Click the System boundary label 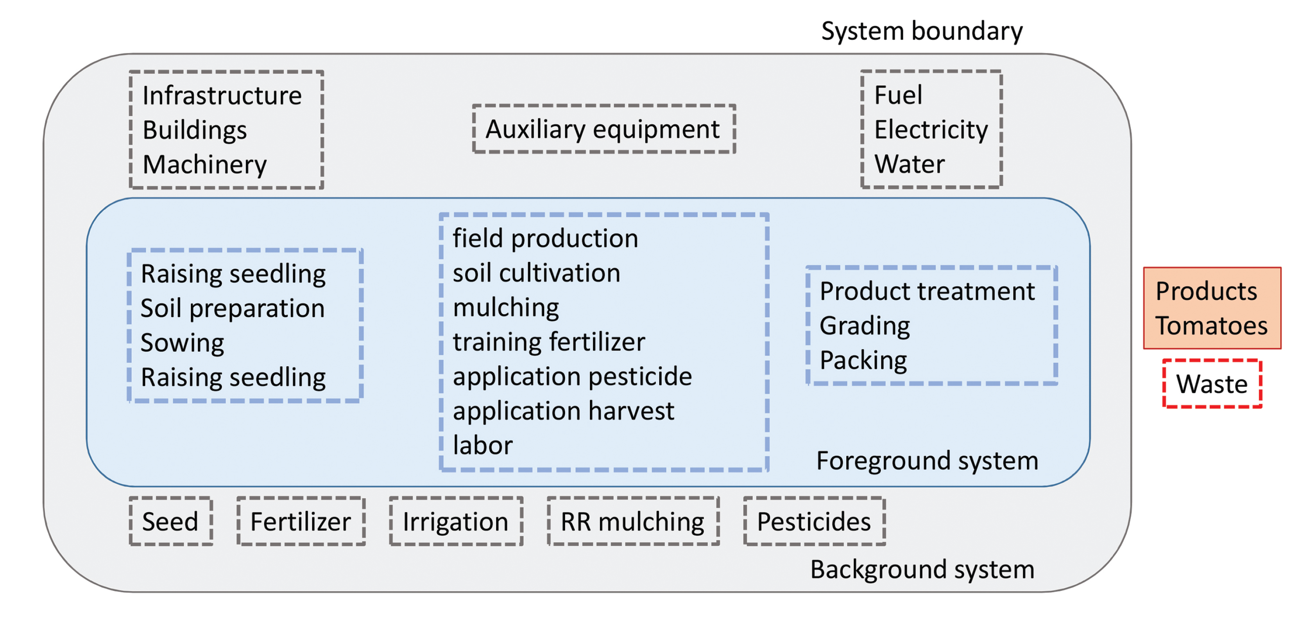922,31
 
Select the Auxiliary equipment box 603,129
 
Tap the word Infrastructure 222,95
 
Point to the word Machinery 204,165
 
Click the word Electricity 931,130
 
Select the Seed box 170,521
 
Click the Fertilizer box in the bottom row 301,521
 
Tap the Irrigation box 456,521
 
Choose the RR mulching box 633,521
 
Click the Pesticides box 814,521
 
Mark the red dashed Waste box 1212,384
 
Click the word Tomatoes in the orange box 1211,326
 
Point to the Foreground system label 927,461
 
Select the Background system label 922,570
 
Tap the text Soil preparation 232,309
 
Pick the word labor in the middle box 482,445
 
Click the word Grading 865,326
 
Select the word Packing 863,360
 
